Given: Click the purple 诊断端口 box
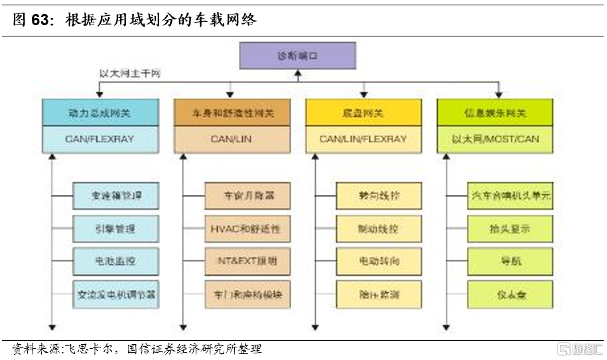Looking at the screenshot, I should [x=297, y=56].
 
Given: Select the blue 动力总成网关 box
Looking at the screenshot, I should [x=100, y=113].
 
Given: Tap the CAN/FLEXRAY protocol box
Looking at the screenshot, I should [x=100, y=139].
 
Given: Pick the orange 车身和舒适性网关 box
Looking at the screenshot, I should [x=232, y=113].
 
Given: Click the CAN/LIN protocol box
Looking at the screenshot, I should [x=232, y=139].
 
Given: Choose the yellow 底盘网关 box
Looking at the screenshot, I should [x=364, y=113].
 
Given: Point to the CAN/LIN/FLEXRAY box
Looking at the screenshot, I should [x=364, y=139].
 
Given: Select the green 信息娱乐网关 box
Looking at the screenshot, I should [x=496, y=113].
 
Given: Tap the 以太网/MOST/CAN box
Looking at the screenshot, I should [x=496, y=139].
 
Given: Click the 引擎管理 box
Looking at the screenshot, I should [x=115, y=229].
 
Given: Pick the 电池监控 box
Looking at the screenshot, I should [x=115, y=261].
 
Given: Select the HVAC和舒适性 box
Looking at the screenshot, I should [x=247, y=229].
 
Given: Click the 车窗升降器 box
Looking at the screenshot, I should [x=247, y=196].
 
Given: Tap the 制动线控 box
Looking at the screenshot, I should [x=378, y=229].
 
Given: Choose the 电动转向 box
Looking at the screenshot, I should [x=378, y=261].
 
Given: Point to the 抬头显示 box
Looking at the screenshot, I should [x=509, y=229].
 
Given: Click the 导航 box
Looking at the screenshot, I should [x=509, y=261].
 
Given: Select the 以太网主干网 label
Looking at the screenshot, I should [x=130, y=74].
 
